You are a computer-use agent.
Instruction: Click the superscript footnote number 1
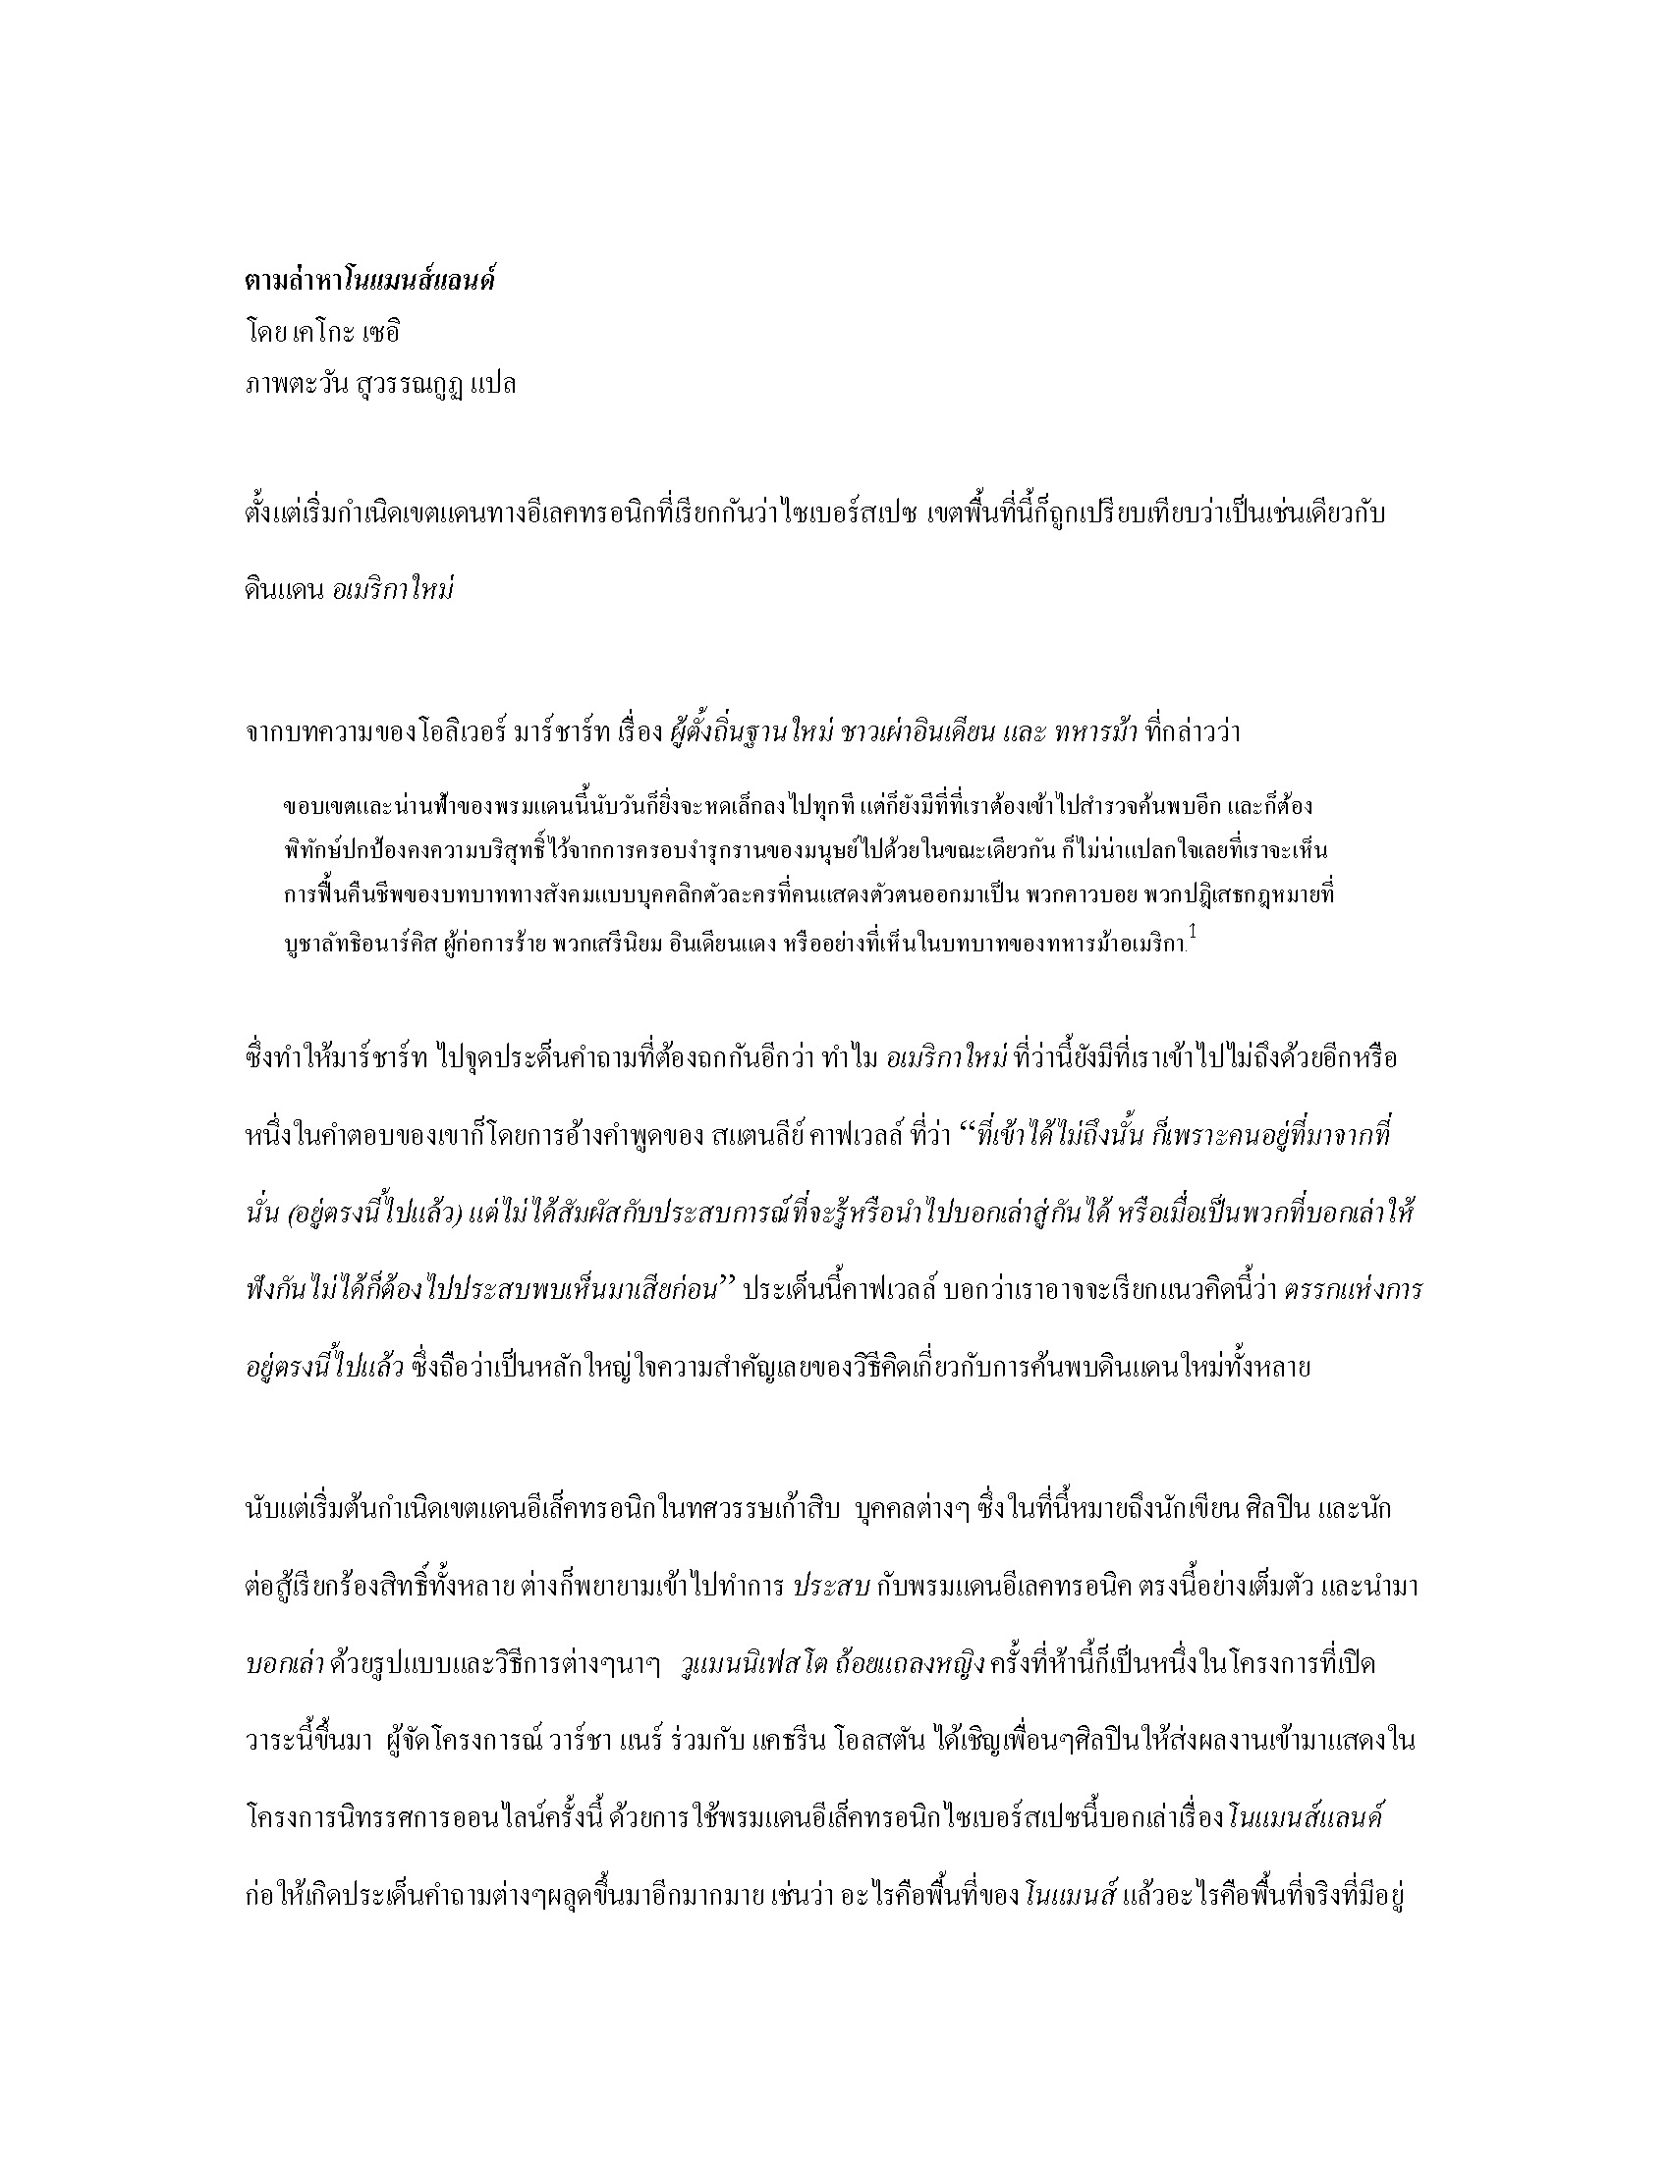pyautogui.click(x=1193, y=932)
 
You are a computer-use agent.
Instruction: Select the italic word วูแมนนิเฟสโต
pyautogui.click(x=754, y=1664)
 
